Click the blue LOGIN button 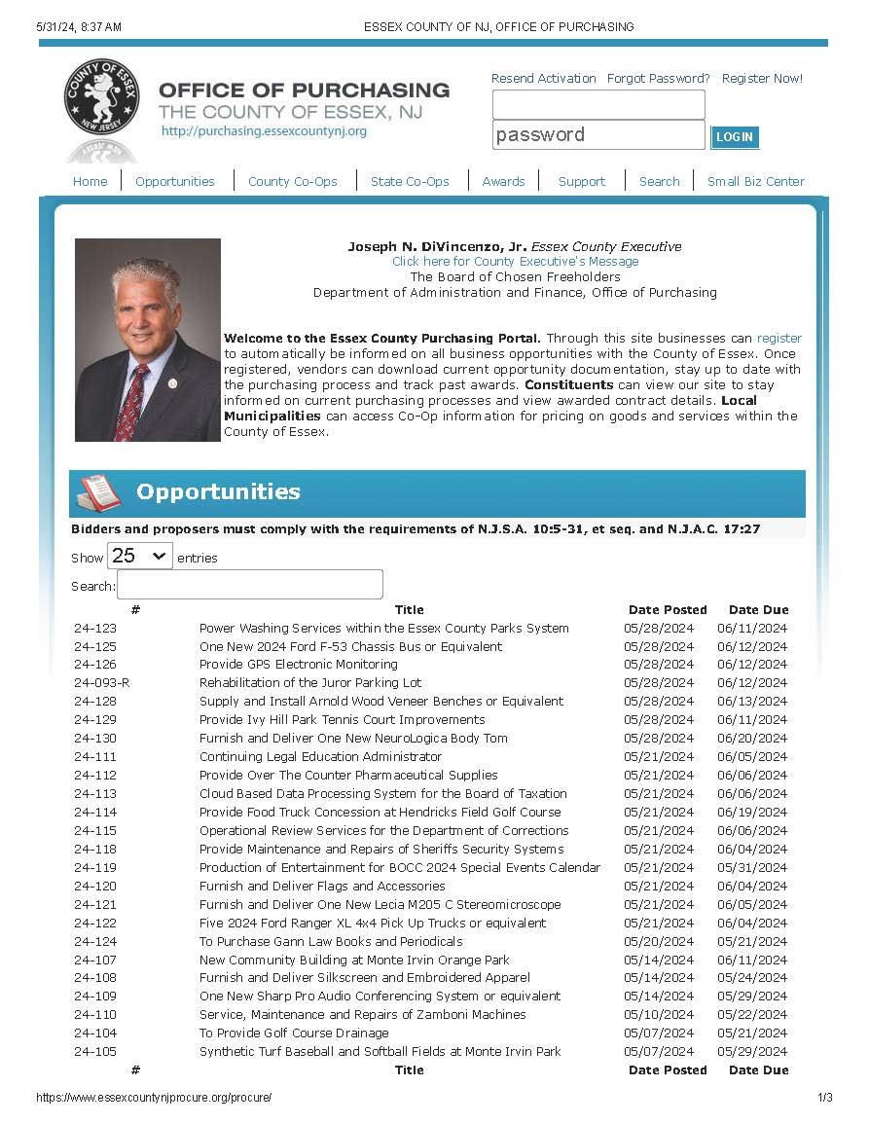point(734,137)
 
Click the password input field point(597,135)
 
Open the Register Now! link point(762,79)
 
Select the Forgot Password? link point(658,79)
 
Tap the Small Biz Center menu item point(755,181)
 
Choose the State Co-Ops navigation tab point(410,181)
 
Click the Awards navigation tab point(503,181)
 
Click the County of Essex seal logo point(101,97)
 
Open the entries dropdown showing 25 point(139,557)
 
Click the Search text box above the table point(249,585)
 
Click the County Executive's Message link point(515,262)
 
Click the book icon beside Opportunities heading point(99,493)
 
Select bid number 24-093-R point(101,683)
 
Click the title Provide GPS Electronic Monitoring point(298,665)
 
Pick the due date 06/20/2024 point(751,739)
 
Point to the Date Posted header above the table point(667,610)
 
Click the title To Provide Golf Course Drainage point(293,1033)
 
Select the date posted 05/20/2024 point(658,942)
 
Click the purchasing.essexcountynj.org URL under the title point(264,131)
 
